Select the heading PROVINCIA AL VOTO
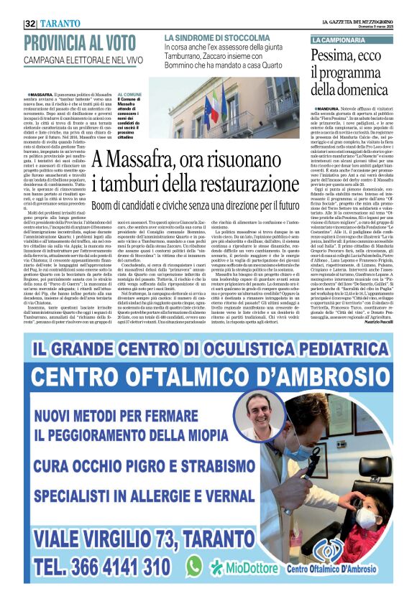coord(75,42)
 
